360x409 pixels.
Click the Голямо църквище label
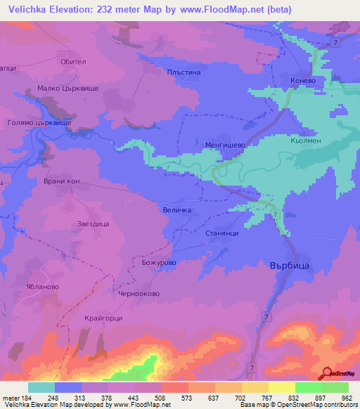point(37,122)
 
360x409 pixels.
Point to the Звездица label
point(92,224)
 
